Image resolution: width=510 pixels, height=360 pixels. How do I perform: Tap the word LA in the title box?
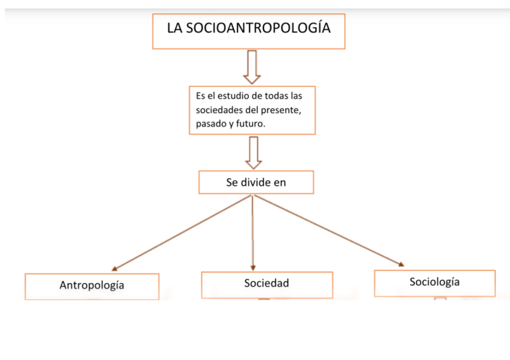click(174, 28)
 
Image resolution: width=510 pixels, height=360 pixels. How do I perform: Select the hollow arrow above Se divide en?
click(254, 153)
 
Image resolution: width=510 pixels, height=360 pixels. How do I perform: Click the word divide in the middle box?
click(257, 183)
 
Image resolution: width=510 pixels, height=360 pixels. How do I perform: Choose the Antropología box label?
click(92, 285)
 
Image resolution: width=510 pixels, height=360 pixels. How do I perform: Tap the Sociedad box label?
click(266, 283)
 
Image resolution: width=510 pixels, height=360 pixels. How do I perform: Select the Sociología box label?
click(434, 281)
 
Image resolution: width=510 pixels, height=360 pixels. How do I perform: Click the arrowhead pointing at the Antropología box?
click(114, 269)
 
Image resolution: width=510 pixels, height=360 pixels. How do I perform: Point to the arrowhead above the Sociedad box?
click(253, 267)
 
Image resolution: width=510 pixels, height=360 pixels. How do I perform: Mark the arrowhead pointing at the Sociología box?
click(401, 263)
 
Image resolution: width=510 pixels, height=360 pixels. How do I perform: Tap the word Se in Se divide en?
click(232, 183)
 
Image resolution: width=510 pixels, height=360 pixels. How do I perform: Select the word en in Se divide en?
click(280, 183)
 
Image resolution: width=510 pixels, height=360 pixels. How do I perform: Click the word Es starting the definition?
click(201, 96)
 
